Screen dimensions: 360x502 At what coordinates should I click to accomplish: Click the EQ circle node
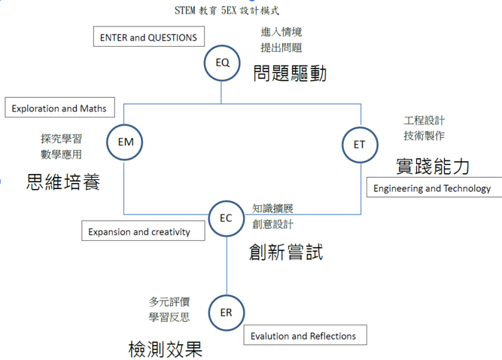pos(222,63)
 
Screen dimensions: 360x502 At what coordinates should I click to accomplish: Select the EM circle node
pos(125,142)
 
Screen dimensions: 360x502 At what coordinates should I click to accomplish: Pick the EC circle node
pos(226,219)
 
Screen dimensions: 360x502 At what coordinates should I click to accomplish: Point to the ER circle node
pos(226,313)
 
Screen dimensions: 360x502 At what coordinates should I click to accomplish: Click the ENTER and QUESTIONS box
pos(148,38)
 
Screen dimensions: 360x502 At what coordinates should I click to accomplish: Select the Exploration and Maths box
pos(59,108)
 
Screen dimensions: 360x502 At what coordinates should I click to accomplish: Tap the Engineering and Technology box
pos(432,188)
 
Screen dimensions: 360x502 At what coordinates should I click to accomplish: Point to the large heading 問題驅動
pos(291,74)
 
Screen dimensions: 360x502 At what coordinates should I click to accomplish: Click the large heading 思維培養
pos(63,182)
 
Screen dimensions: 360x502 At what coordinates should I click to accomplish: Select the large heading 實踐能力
pos(433,166)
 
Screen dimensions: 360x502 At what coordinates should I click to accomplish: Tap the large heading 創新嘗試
pos(286,252)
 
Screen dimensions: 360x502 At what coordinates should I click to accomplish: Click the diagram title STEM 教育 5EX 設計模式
pos(225,11)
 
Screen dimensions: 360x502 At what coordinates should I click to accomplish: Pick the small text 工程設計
pos(424,121)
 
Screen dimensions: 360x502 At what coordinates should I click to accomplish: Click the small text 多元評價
pos(169,301)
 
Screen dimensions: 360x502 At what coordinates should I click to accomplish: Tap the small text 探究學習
pos(62,139)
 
